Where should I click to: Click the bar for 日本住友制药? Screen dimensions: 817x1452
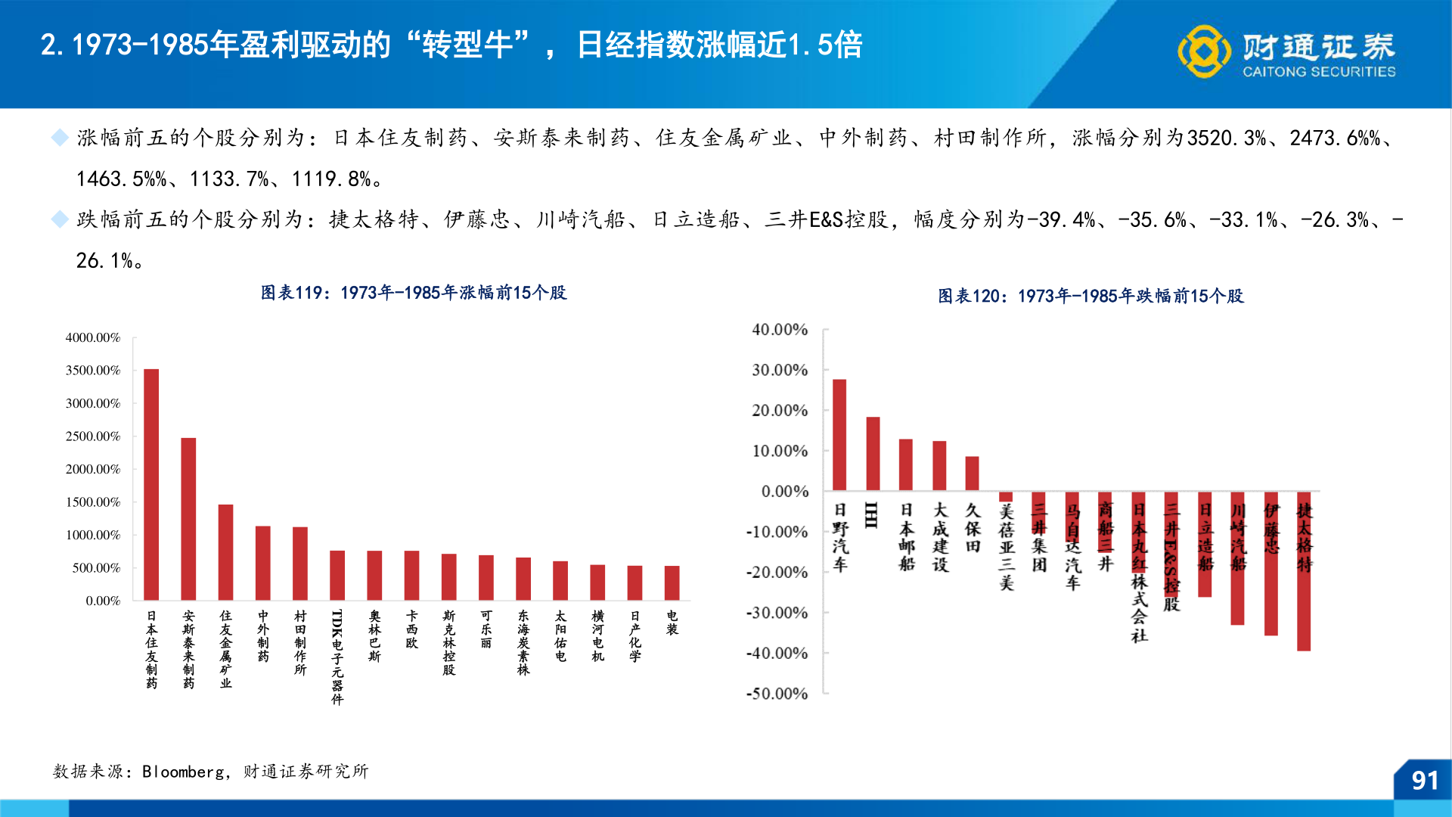151,484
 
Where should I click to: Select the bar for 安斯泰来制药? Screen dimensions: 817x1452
188,519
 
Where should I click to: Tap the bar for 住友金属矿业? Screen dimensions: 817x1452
225,552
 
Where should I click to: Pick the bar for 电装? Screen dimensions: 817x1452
672,582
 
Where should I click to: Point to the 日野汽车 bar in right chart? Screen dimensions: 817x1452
839,435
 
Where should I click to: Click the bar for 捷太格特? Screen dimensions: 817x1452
1304,571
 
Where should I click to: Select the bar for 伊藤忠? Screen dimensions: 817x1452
1270,564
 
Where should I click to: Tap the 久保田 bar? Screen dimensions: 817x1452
972,474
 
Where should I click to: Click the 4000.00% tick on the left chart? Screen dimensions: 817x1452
93,337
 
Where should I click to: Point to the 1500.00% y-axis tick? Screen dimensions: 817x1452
93,502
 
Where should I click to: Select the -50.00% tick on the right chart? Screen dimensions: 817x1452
777,694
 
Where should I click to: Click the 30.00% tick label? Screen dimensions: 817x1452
780,370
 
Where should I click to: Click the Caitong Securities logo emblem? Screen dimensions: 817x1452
1204,51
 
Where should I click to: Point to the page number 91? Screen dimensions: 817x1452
1425,781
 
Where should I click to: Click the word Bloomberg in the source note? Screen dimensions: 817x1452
183,772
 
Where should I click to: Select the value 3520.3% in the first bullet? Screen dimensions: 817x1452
1227,138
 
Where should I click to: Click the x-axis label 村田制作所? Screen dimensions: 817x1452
300,643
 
